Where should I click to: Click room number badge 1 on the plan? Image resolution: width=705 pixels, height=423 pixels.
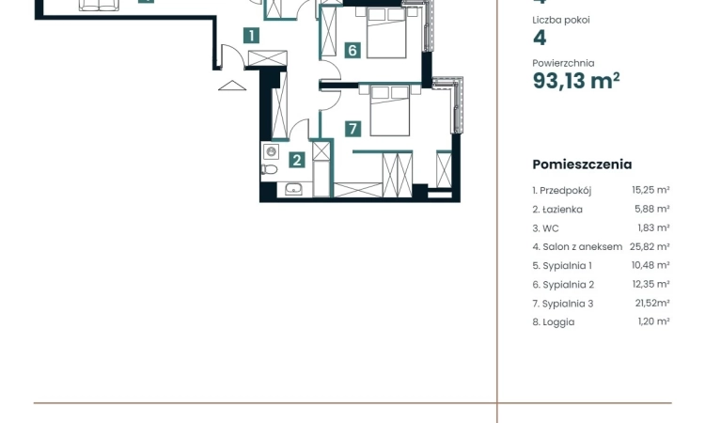point(251,37)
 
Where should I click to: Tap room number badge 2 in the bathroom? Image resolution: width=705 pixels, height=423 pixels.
point(296,160)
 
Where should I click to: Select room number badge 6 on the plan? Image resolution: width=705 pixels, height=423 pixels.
point(352,50)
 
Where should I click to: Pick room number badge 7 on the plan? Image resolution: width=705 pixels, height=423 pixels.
point(352,129)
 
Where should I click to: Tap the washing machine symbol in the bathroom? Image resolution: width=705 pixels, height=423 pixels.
point(272,151)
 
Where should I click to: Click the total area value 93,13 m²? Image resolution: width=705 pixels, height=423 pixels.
point(575,82)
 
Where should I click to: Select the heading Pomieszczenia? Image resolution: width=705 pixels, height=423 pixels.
point(582,164)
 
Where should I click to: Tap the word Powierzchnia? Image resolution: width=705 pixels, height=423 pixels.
point(563,63)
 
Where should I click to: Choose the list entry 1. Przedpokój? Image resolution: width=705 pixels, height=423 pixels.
point(561,190)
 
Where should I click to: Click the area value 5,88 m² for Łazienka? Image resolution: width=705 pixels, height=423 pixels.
point(650,209)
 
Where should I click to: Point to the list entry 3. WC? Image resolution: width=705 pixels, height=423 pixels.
point(544,227)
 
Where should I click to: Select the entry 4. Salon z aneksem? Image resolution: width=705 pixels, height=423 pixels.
point(577,246)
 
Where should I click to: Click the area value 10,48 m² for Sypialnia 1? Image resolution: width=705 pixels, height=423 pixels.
point(650,265)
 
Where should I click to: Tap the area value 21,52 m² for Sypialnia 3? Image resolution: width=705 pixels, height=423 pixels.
point(650,303)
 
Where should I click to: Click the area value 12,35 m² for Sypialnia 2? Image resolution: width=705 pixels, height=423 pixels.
point(650,284)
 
